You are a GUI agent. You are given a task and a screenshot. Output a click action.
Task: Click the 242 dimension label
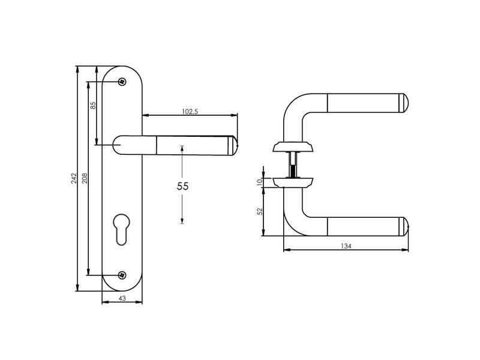(74, 178)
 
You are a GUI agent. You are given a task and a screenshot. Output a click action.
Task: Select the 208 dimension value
(85, 178)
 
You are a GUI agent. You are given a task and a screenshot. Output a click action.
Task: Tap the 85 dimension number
(94, 106)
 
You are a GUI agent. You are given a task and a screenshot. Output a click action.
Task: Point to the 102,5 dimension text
(190, 112)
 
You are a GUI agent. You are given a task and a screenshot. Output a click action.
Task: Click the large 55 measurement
(183, 186)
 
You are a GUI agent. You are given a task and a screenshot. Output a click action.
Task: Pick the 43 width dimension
(122, 298)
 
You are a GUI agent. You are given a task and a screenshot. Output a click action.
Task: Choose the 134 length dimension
(346, 246)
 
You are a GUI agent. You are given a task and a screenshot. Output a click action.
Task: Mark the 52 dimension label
(260, 212)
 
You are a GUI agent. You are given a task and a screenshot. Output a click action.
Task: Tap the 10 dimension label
(260, 182)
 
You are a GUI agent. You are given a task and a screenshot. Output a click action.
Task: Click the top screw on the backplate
(122, 82)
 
